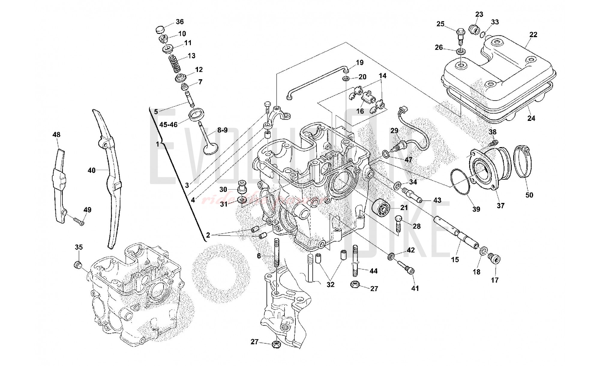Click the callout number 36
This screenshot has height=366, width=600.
point(180,22)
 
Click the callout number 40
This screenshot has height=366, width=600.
point(91,170)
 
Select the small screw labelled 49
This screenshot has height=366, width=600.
point(79,222)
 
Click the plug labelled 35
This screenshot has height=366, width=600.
point(78,265)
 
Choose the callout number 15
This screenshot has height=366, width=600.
point(455,259)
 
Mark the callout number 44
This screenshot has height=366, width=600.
point(373,271)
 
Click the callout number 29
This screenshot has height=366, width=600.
point(394,130)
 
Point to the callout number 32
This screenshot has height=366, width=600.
point(330,284)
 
